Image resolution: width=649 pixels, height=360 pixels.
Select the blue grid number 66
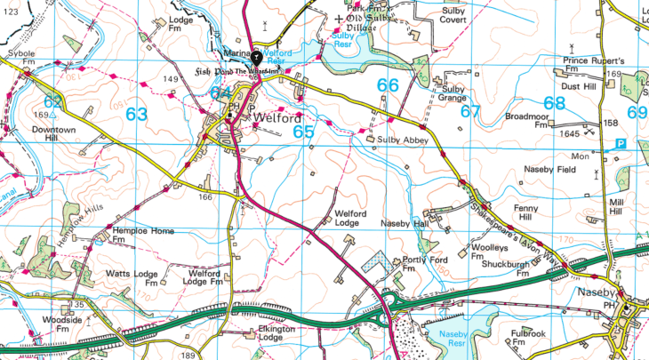coord(388,85)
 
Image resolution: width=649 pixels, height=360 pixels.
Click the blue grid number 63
coord(137,115)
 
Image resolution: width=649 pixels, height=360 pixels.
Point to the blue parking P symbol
coord(621,144)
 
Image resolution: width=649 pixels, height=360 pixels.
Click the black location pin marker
coord(257,55)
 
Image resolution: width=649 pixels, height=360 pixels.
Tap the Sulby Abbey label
coord(404,140)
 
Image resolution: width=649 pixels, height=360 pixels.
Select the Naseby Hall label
coord(405,223)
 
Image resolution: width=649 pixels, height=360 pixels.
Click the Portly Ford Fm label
coord(425,264)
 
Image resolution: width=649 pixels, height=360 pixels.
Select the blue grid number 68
coord(555,103)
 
